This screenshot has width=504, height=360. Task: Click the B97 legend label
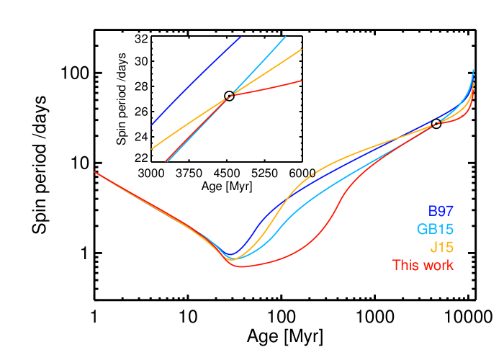pyautogui.click(x=441, y=212)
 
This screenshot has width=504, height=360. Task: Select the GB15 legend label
pyautogui.click(x=435, y=230)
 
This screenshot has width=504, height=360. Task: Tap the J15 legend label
pyautogui.click(x=441, y=248)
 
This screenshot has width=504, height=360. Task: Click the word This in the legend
pyautogui.click(x=406, y=265)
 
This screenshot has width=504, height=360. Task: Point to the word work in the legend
pyautogui.click(x=438, y=265)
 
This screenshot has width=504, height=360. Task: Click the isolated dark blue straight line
pyautogui.click(x=196, y=81)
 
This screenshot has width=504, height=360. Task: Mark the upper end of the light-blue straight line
pyautogui.click(x=286, y=36)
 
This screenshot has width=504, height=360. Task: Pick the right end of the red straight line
pyautogui.click(x=301, y=81)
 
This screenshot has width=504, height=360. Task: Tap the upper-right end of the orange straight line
pyautogui.click(x=302, y=49)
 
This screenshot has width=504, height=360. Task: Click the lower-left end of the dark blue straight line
pyautogui.click(x=152, y=125)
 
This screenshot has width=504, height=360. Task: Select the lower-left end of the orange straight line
pyautogui.click(x=152, y=148)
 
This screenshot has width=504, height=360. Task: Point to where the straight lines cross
pyautogui.click(x=231, y=95)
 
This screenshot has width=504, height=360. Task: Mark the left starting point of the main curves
pyautogui.click(x=95, y=172)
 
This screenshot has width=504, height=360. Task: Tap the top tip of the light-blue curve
pyautogui.click(x=473, y=70)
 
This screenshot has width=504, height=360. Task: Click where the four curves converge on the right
pyautogui.click(x=435, y=125)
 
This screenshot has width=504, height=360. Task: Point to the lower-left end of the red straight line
pyautogui.click(x=166, y=161)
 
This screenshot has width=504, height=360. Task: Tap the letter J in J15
pyautogui.click(x=433, y=248)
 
